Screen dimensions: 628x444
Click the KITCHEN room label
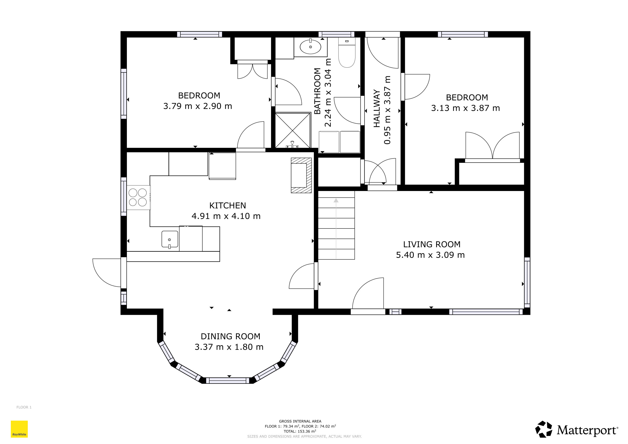pos(227,205)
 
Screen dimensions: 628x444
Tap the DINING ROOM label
pos(231,336)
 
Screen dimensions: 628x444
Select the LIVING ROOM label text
pos(432,244)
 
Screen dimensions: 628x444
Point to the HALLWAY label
pos(377,109)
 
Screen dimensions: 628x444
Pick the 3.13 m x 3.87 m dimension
pos(466,108)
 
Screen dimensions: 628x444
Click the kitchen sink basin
pos(170,239)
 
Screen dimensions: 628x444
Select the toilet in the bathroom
pos(347,52)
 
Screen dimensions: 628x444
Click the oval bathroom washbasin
pos(311,47)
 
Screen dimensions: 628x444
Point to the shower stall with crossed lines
pos(293,131)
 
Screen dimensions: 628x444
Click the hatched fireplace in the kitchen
pos(301,175)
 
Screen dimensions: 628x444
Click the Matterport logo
pos(577,429)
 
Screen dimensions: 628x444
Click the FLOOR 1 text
pos(24,407)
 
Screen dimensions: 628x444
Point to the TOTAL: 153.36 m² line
pos(300,431)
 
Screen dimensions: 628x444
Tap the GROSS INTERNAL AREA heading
pos(300,421)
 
